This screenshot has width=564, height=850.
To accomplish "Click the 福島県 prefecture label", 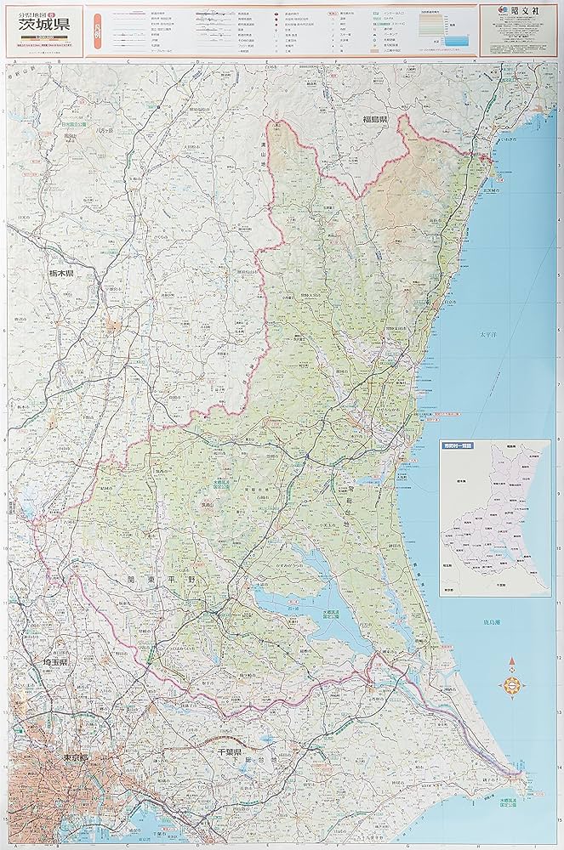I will pos(374,121).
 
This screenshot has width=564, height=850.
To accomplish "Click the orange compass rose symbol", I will pos(512,683).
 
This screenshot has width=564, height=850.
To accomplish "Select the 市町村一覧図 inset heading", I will pos(463,445).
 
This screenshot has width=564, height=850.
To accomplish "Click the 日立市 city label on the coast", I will pos(448,301).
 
